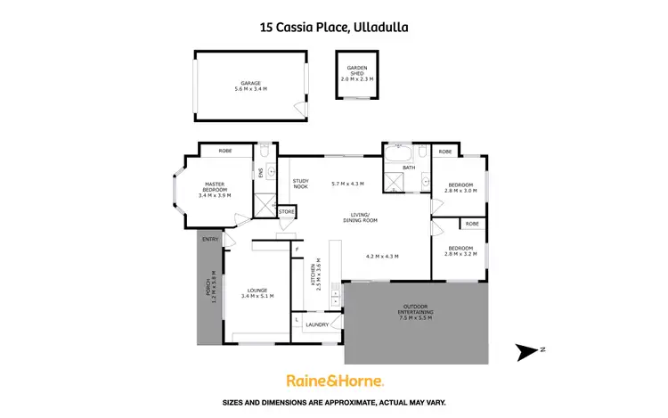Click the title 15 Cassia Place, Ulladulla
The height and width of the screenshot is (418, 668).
click(x=333, y=27)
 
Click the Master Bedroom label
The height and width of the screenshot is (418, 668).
click(x=214, y=190)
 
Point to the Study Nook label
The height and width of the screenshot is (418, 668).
click(x=300, y=184)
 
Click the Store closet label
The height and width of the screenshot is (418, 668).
click(x=287, y=212)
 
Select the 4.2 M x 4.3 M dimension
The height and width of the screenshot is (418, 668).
click(x=382, y=256)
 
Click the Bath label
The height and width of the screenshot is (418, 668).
click(x=409, y=167)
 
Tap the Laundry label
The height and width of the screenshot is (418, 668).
click(x=317, y=324)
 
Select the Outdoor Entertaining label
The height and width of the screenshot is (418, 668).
click(x=415, y=314)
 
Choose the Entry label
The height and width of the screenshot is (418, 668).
click(x=210, y=240)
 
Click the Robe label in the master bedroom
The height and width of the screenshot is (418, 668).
click(x=214, y=152)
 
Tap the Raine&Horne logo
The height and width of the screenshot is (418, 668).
click(x=334, y=381)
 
